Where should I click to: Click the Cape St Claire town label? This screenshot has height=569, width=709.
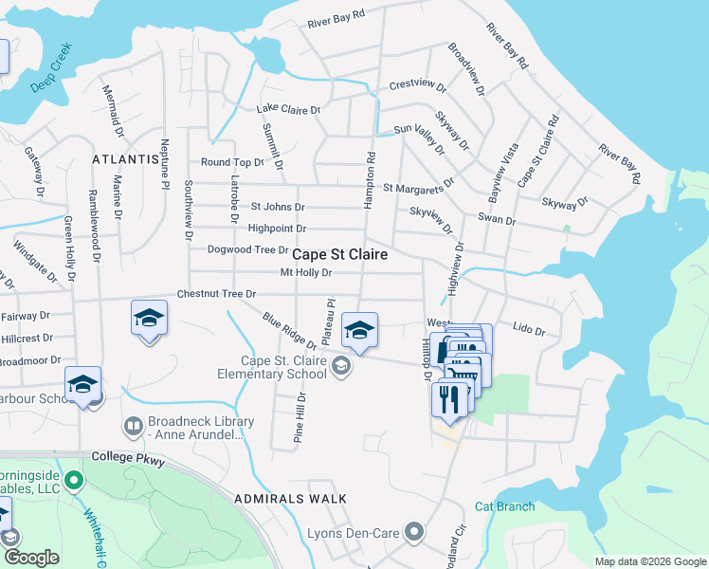coord(339,255)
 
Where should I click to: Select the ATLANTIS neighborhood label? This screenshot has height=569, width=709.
coord(125,159)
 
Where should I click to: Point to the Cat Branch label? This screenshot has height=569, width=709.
coord(504,506)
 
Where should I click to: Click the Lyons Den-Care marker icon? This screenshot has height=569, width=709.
coord(413,532)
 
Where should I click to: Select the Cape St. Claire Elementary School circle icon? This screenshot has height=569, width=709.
coord(340,367)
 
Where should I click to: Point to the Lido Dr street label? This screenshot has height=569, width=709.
coord(528,331)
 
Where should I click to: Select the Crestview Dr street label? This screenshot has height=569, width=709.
coord(417,85)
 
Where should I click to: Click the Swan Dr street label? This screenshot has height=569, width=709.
coord(497,221)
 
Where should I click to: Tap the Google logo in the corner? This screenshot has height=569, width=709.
coord(30,558)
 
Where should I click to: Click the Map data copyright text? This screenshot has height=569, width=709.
coord(649,561)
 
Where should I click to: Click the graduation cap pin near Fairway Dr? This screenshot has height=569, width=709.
coord(149,318)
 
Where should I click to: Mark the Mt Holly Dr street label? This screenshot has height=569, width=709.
coord(306,273)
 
